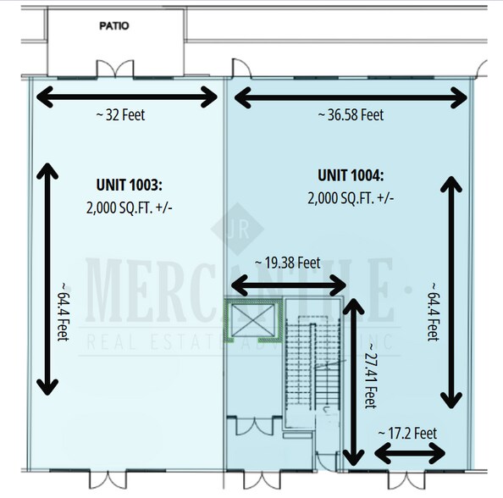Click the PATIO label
(113, 26)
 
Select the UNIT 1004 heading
(351, 176)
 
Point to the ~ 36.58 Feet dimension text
(351, 114)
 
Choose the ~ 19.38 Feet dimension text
(288, 263)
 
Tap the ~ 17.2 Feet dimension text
(410, 433)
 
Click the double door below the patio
(113, 68)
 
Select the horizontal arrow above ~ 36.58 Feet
(351, 97)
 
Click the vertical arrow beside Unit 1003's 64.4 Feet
(47, 280)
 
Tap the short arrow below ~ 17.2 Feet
(410, 455)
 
